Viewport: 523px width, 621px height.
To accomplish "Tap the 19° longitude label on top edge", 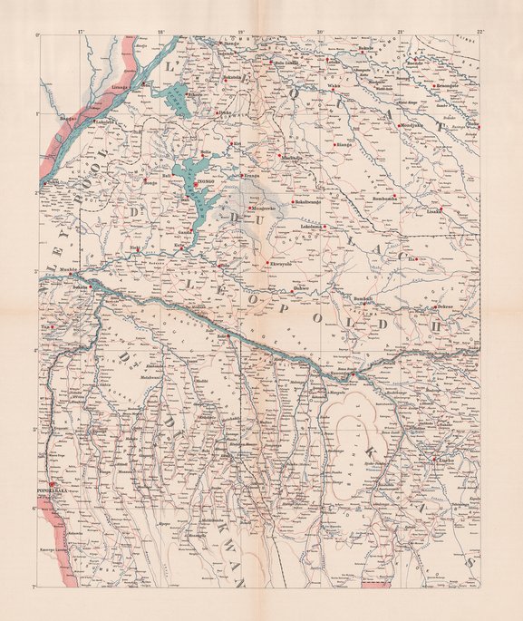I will coord(241,34).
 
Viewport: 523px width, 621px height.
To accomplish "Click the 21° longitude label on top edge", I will coord(401,34).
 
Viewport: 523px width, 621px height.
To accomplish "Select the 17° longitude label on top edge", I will coord(82,34).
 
